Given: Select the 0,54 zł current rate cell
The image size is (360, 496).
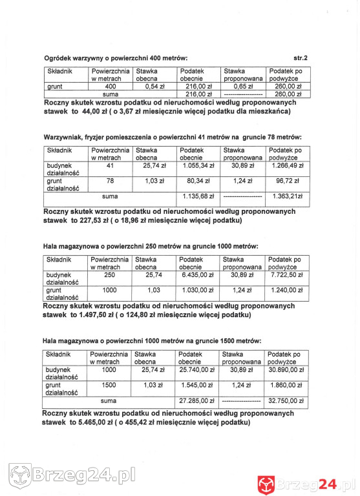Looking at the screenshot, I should pyautogui.click(x=154, y=86).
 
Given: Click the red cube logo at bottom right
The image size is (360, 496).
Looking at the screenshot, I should pyautogui.click(x=267, y=482).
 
